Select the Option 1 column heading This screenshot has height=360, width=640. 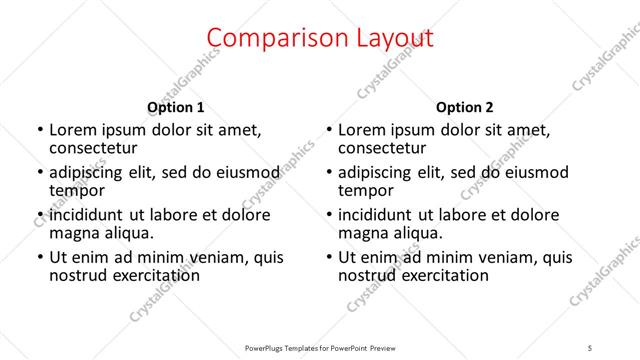click(175, 107)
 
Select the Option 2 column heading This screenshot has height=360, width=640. click(465, 107)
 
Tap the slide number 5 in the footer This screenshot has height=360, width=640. click(590, 348)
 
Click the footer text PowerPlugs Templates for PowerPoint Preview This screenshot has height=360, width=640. click(320, 348)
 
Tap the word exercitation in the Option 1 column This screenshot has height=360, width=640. click(153, 275)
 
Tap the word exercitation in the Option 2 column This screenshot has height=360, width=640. click(443, 275)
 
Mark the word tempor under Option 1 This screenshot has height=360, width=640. click(77, 190)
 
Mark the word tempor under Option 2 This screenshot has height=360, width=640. click(367, 190)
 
